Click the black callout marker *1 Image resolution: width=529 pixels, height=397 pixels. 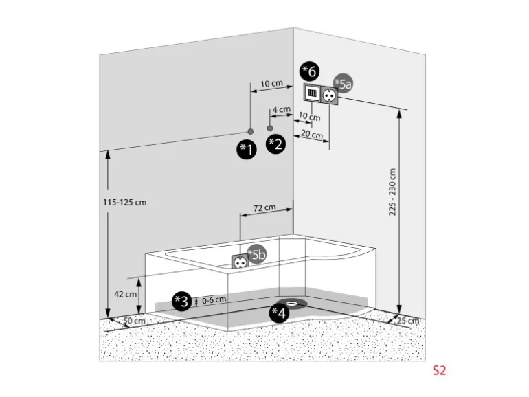coord(247,149)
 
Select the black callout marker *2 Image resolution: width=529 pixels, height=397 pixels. coord(276,144)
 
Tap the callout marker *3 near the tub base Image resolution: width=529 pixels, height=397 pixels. coord(181,301)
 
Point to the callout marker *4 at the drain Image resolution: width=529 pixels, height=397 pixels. coord(279,314)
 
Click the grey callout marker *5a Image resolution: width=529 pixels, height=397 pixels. coord(344,84)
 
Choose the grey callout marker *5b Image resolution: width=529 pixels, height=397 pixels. coord(256,254)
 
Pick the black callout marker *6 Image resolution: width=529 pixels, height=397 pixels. coord(310,70)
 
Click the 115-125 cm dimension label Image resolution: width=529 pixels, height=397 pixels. coord(124,203)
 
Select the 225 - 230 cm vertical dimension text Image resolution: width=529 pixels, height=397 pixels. coord(393,193)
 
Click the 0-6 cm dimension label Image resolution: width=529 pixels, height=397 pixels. coord(214,301)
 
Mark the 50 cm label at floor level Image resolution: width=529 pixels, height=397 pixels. coord(135,321)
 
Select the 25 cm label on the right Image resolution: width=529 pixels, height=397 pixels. coord(409,321)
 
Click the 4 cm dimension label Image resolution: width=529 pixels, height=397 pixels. coord(281,109)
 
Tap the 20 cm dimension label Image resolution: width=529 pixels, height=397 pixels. coord(311,135)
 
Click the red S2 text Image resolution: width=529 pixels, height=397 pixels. coord(439,370)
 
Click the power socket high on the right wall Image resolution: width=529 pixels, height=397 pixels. coord(328,94)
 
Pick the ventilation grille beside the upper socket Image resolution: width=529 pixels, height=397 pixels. coord(311,94)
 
